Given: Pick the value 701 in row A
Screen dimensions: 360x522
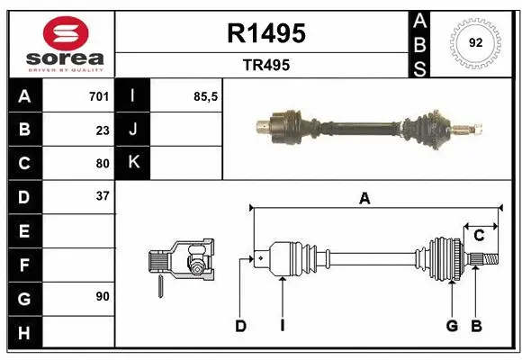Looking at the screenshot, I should click(x=98, y=96).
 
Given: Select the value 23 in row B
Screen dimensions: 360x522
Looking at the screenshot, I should click(x=102, y=130).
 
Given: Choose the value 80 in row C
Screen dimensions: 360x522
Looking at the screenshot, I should click(x=102, y=163).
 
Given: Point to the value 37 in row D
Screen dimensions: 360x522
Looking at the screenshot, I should click(x=102, y=196).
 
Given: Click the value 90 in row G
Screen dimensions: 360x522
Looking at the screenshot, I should click(x=102, y=296).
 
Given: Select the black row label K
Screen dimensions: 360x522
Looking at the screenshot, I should click(x=134, y=163).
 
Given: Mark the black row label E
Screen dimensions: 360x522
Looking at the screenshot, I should click(x=24, y=230).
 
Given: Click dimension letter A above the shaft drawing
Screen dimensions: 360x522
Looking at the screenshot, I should click(x=364, y=200).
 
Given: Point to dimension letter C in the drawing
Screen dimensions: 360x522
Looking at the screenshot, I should click(x=479, y=236).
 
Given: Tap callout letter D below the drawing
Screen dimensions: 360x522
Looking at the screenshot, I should click(x=240, y=326).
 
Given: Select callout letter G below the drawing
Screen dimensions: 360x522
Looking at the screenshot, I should click(x=452, y=326).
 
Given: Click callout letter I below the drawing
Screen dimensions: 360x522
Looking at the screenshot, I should click(x=282, y=326).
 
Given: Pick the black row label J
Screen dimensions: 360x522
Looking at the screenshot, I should click(x=134, y=130).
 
